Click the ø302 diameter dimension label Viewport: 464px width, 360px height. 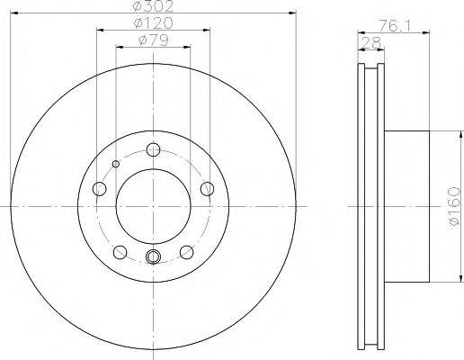153,6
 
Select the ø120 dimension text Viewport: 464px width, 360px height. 154,23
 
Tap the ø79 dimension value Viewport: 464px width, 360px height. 154,40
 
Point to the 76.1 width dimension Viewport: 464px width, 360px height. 394,25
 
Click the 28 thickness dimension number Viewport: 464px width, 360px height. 371,43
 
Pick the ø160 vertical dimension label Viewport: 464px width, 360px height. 454,206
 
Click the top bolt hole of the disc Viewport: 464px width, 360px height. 154,149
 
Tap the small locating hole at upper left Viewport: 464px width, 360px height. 116,164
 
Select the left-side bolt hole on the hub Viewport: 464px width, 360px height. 100,189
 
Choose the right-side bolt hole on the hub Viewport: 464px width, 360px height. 207,189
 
